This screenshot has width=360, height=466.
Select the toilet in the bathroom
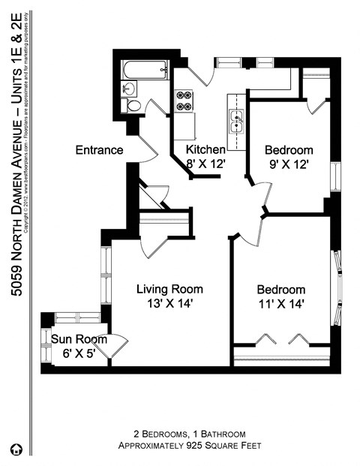[133, 105]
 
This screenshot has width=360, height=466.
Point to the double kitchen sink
[236, 120]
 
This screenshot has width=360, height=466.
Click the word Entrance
[99, 150]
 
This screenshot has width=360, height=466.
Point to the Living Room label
[169, 289]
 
